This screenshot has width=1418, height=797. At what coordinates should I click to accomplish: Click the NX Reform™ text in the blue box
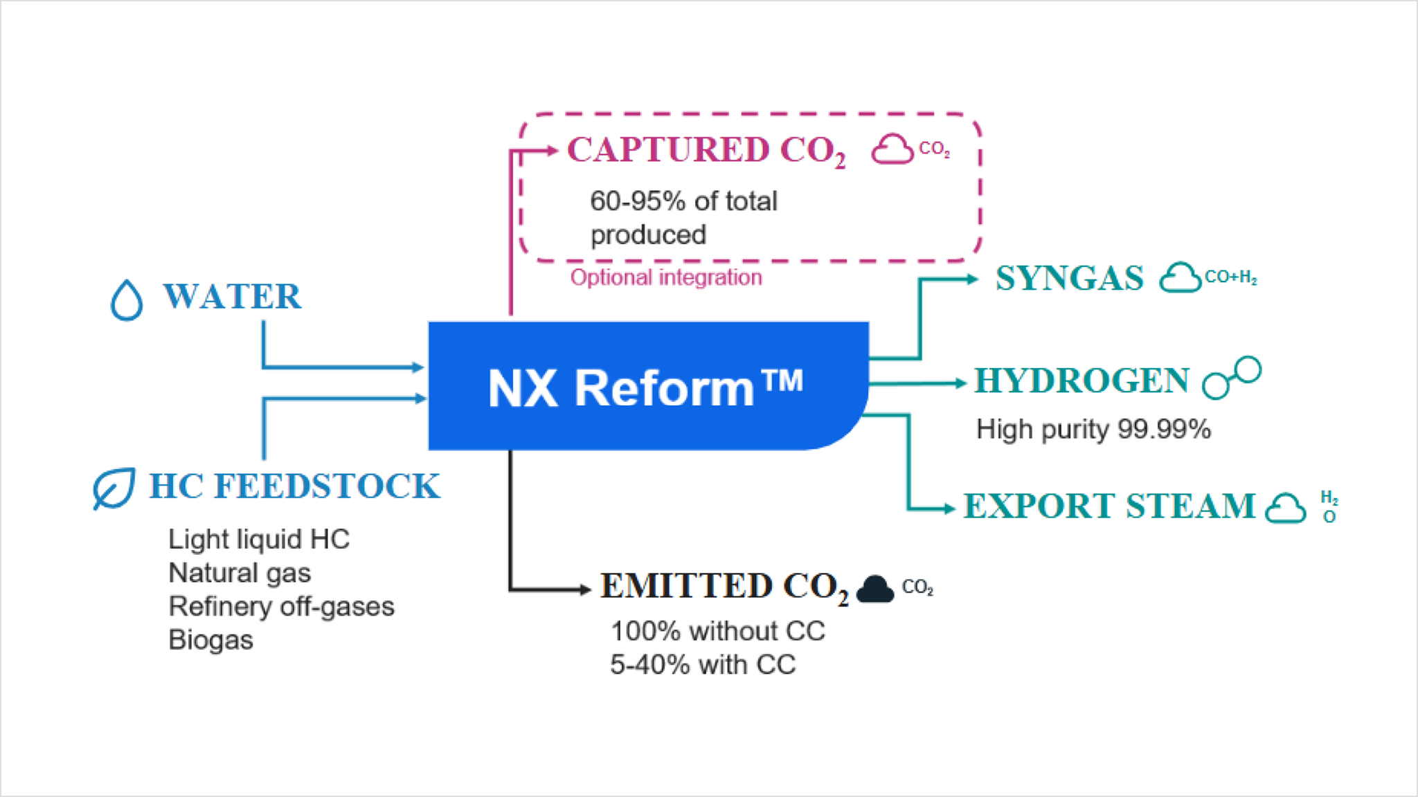pos(645,387)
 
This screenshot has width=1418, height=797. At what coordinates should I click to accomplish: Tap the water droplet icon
pos(127,300)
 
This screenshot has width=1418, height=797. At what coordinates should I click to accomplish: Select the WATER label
pos(233,297)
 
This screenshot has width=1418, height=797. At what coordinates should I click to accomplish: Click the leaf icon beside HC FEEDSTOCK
pos(114,488)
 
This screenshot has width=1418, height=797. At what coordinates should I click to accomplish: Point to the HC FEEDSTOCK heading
pos(294,486)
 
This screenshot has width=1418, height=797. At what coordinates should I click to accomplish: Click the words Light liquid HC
pos(259,540)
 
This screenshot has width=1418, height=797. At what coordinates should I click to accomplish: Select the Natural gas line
pos(240,573)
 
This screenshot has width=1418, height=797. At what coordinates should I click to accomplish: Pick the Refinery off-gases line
pos(281,607)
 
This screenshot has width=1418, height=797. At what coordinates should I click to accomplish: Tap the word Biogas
pos(210,640)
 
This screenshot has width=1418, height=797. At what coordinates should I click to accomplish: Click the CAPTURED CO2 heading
pos(706,150)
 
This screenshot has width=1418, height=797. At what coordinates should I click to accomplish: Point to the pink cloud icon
pos(892,149)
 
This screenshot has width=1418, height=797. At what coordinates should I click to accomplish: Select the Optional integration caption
pos(666,277)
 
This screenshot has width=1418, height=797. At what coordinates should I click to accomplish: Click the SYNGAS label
pos(1069,278)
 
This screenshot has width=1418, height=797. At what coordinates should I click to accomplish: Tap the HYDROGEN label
pos(1082,381)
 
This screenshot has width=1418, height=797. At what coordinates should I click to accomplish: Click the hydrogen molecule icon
pos(1232,378)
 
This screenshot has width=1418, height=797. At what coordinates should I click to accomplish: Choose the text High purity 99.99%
pos(1093,430)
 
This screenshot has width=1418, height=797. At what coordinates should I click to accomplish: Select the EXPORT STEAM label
pos(1109,506)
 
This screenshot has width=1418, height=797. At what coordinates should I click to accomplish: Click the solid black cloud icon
pos(875,589)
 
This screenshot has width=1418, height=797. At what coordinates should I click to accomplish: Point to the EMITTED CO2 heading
pos(724,587)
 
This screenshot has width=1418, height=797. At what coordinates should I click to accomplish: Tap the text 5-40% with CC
pos(703,665)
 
